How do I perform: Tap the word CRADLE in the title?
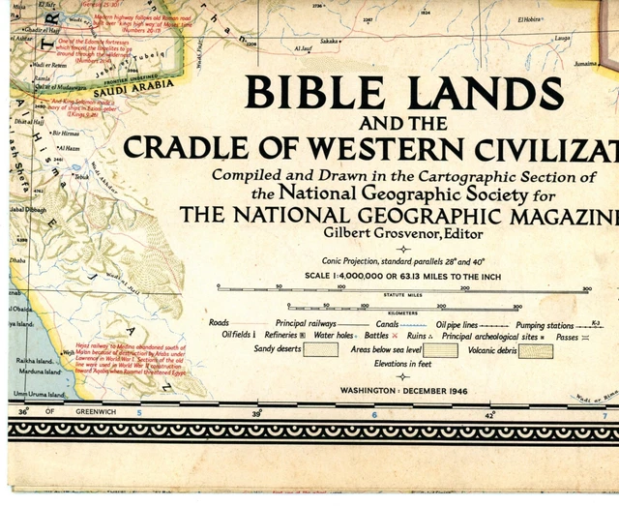tap(179, 147)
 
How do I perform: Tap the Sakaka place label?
tap(330, 42)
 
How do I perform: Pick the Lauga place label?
tap(562, 39)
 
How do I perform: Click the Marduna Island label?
tap(38, 371)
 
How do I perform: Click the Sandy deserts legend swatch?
tap(320, 349)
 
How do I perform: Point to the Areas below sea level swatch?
tap(440, 350)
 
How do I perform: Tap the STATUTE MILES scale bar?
tap(403, 289)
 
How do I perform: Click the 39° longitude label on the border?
tap(255, 414)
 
